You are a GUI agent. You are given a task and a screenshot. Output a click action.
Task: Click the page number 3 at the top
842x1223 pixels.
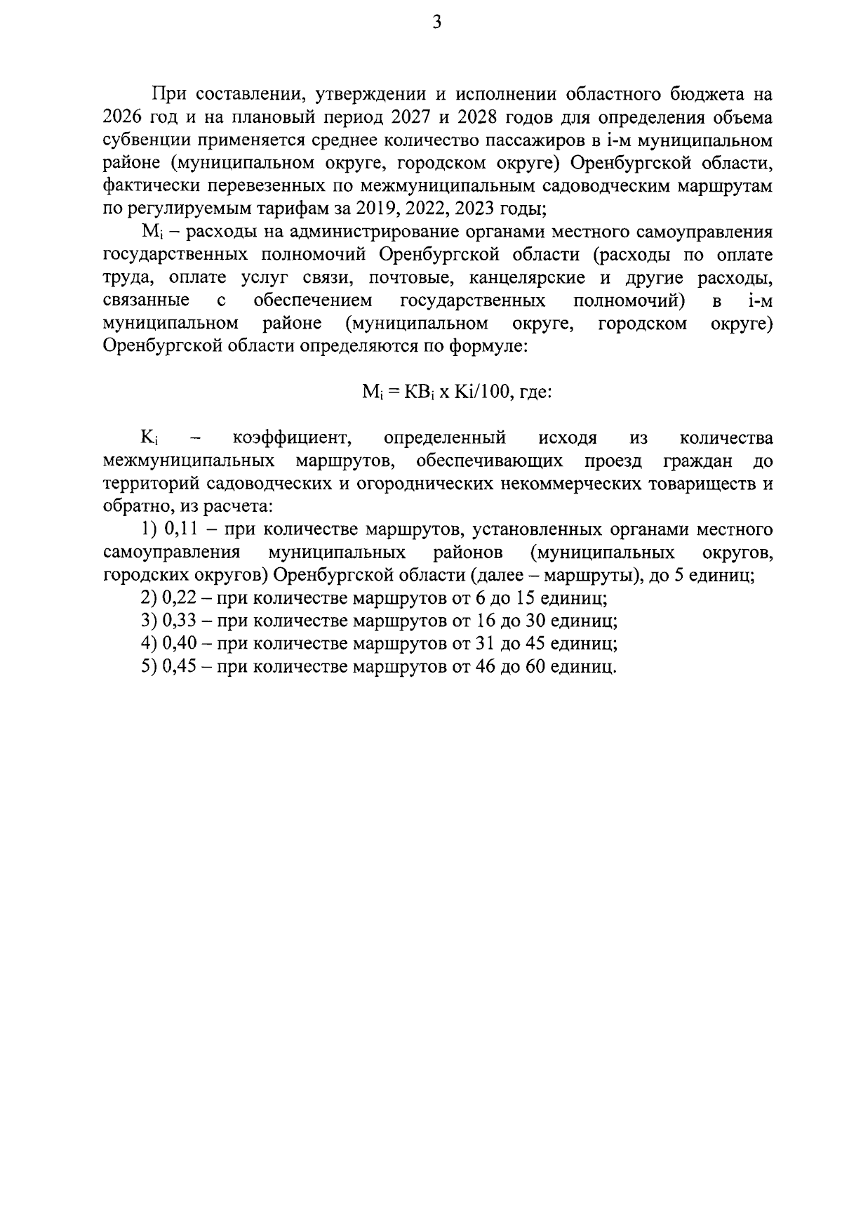click(436, 23)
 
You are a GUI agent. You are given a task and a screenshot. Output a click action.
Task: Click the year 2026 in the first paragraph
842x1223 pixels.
click(123, 117)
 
